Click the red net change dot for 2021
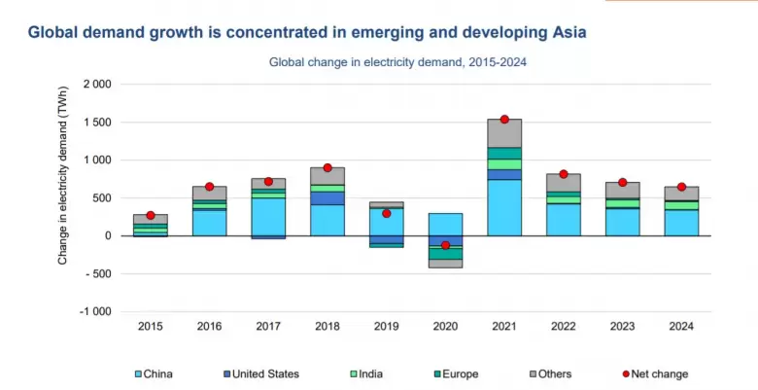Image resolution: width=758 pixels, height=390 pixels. pyautogui.click(x=504, y=119)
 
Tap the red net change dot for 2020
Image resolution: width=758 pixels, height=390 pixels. pyautogui.click(x=446, y=245)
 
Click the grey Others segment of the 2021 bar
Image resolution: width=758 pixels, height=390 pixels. pyautogui.click(x=504, y=133)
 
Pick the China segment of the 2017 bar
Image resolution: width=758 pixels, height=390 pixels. pyautogui.click(x=268, y=216)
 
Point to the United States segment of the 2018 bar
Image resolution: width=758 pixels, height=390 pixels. pyautogui.click(x=327, y=197)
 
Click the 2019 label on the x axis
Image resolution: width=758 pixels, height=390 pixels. pyautogui.click(x=387, y=327)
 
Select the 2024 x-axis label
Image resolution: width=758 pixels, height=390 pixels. pyautogui.click(x=681, y=327)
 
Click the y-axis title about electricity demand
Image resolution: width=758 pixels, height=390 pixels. pyautogui.click(x=62, y=197)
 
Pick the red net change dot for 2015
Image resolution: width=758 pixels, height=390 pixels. pyautogui.click(x=151, y=215)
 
